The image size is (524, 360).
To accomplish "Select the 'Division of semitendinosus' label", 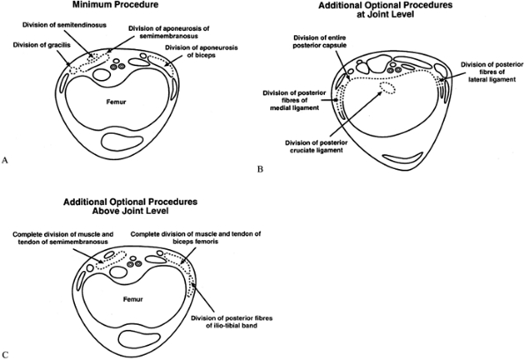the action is point(64,25).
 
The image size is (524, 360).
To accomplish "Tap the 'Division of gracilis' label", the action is point(41,45).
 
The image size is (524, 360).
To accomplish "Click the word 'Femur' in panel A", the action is point(116,101).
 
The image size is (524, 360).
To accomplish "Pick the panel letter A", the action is point(4,160).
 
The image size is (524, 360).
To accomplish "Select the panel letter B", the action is point(261,169).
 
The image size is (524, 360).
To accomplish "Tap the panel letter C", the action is point(4,355).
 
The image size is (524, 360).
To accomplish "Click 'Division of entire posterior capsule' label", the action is point(320,41).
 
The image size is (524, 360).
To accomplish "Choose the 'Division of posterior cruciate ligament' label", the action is point(316,147).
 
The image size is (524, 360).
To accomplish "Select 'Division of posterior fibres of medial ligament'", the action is point(294,100).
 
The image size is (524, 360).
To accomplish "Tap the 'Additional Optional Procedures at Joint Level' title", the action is point(386,10).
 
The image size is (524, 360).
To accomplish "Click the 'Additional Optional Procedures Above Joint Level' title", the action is point(130,206).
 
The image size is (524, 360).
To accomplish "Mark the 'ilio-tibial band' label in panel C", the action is point(232,325).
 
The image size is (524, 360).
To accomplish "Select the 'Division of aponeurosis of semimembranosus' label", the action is point(169,32).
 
